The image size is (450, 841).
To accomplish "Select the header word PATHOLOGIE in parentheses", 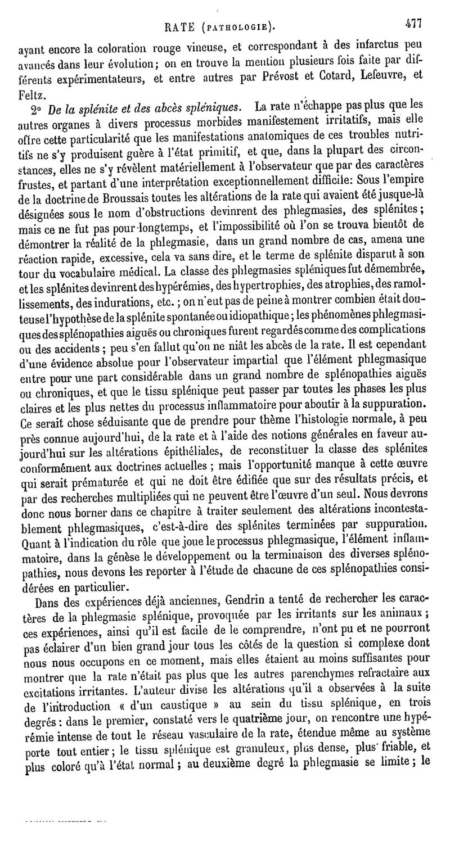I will pos(241,26).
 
